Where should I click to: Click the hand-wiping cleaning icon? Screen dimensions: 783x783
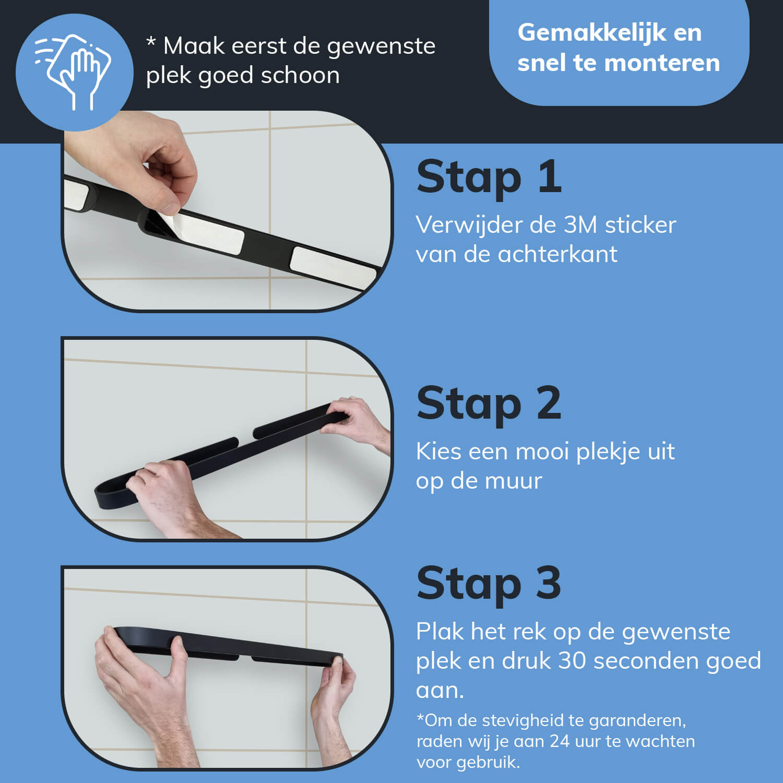coord(73,72)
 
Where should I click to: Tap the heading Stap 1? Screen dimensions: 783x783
coord(489,177)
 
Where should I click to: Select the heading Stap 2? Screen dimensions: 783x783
coord(489,404)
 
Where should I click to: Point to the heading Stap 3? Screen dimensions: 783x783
coord(489,583)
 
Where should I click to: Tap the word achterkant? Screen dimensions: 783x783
coord(557,254)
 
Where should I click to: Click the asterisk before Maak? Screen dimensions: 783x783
coord(151,41)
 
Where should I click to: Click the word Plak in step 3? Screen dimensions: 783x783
coord(440,632)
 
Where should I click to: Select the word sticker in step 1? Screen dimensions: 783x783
coord(640,225)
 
